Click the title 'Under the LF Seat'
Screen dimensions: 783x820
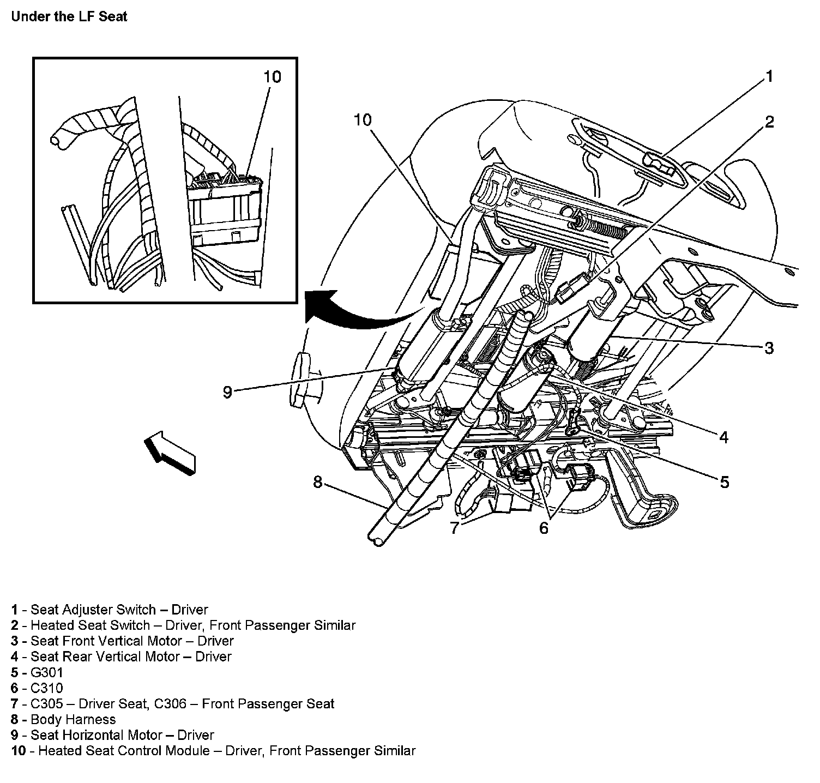point(69,16)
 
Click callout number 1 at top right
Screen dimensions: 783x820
point(769,77)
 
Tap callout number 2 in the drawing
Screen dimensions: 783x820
point(769,122)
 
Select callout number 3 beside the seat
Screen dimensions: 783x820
point(769,347)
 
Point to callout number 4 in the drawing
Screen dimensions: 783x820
point(723,437)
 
